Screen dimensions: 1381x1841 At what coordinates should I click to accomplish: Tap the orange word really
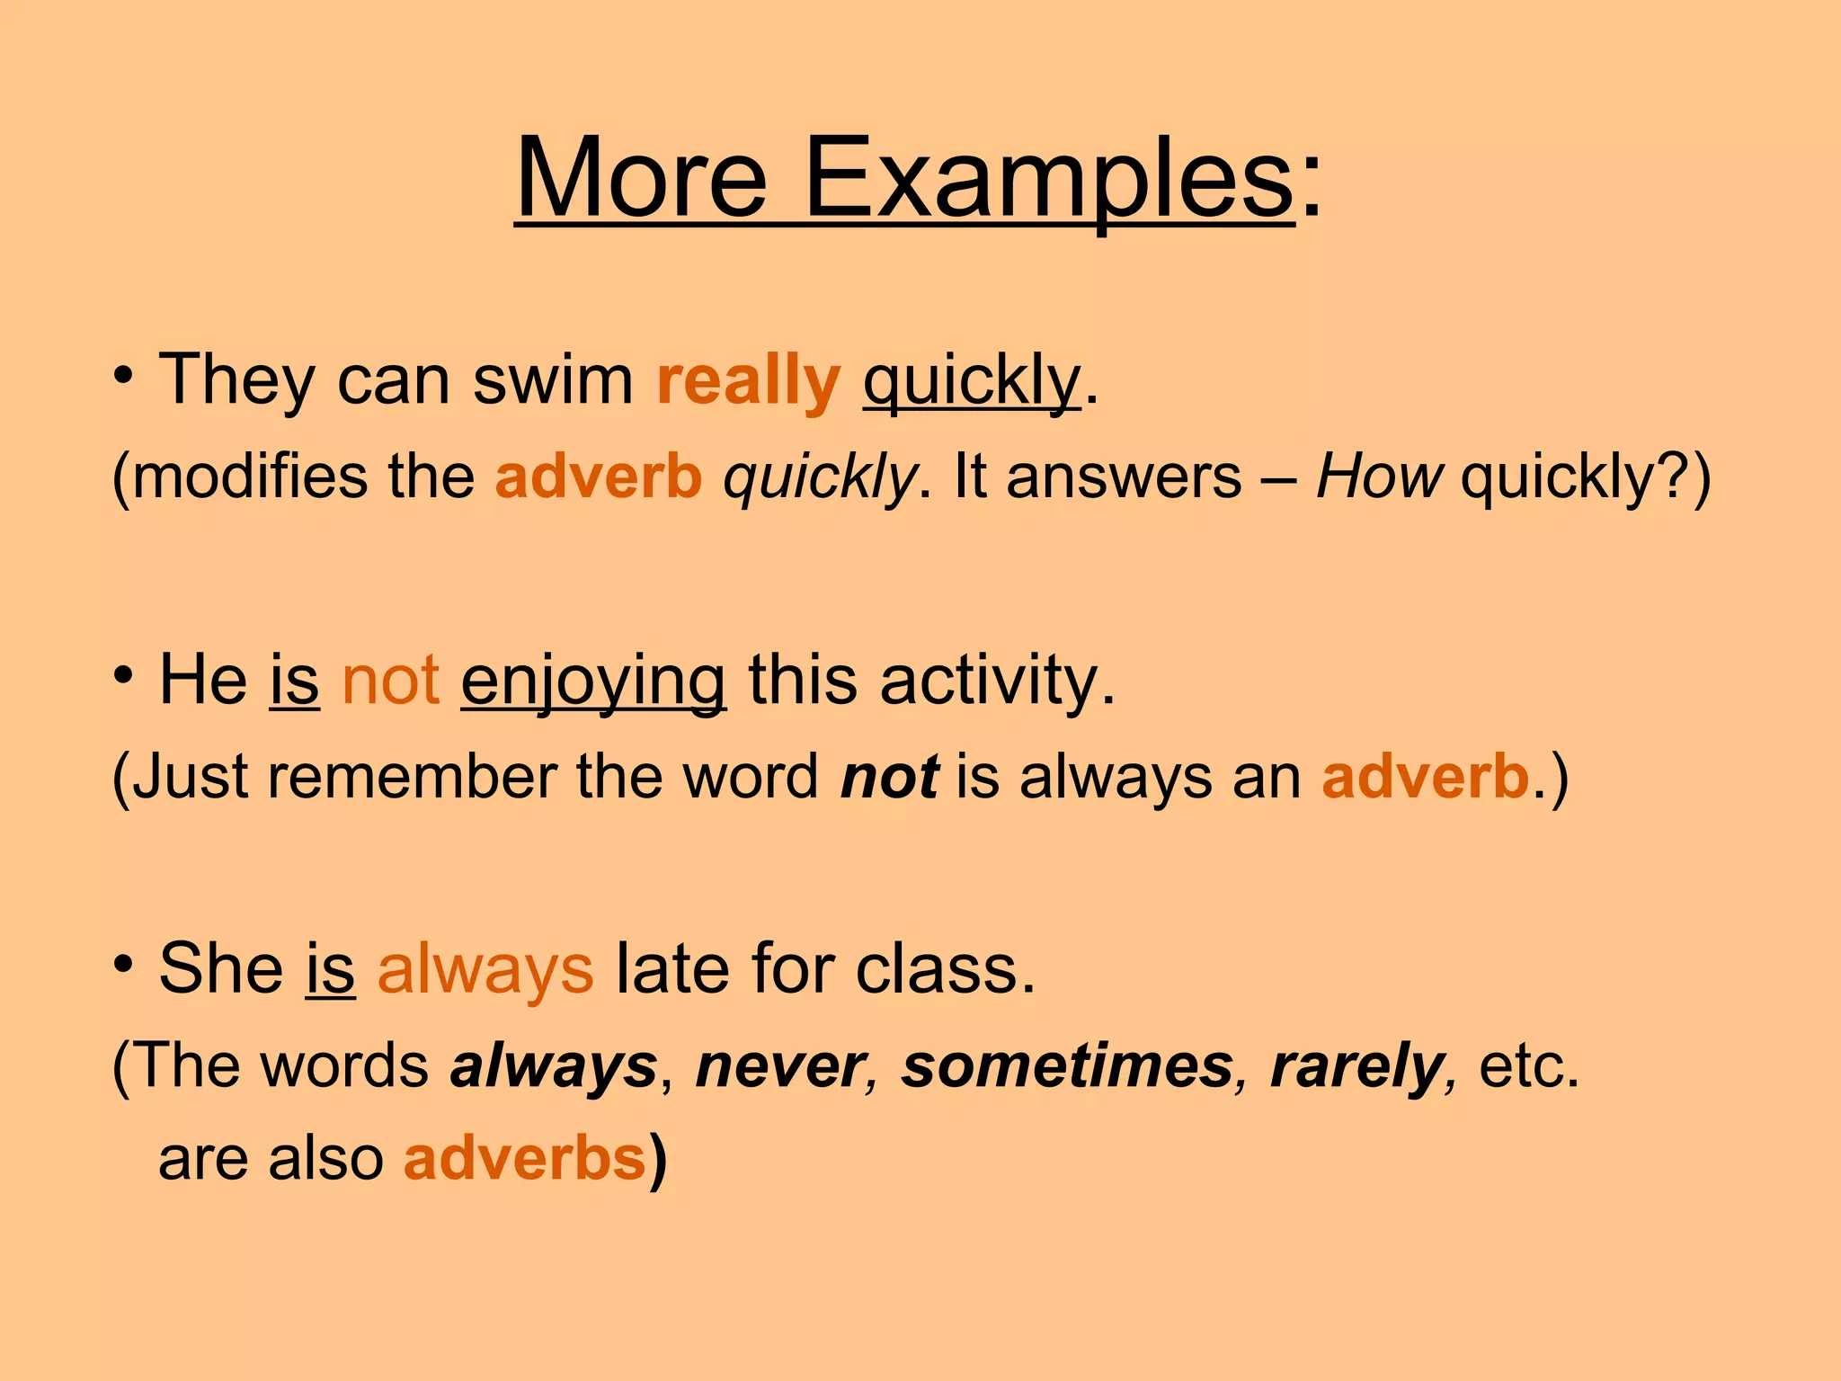tap(748, 380)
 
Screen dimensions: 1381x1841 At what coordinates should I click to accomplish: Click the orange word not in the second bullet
tap(390, 681)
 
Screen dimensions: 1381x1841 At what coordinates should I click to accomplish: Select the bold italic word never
tap(778, 1066)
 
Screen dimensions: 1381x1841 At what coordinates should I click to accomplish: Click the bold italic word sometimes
tap(1068, 1066)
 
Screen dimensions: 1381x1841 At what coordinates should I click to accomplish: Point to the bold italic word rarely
tap(1355, 1068)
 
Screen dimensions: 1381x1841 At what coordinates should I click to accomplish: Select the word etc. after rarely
tap(1528, 1066)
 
